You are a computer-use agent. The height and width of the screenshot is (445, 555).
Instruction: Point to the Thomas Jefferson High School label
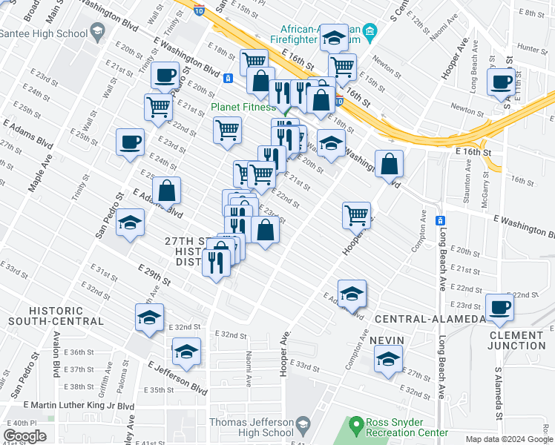pos(251,427)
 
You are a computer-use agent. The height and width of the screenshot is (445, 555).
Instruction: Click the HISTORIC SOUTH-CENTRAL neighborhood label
pos(56,315)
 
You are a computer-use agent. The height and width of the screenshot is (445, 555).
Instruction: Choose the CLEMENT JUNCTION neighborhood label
pos(517,340)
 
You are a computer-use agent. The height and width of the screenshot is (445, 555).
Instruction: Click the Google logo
pos(24,436)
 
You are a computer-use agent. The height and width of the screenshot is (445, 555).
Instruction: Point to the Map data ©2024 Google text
pos(508,439)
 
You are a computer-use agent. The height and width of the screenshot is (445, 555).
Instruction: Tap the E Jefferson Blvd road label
pos(177,378)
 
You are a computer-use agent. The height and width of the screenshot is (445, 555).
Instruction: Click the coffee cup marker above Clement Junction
pos(499,306)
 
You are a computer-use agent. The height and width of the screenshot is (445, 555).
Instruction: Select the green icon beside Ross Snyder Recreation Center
pos(355,426)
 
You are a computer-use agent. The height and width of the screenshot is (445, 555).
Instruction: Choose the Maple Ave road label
pos(38,171)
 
